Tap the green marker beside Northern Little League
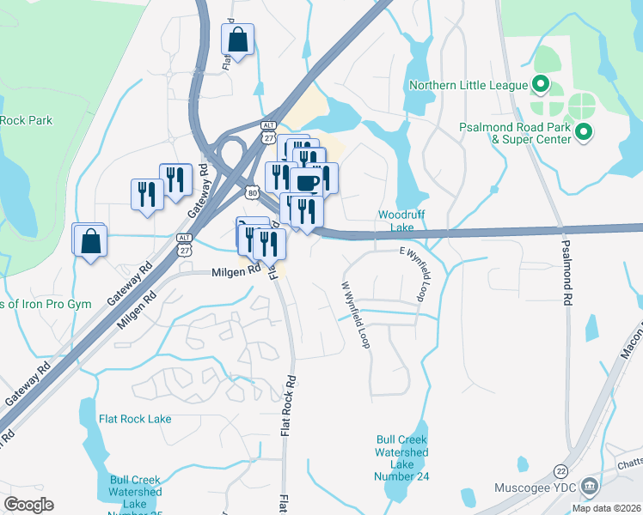541,84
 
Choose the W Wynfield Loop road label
355,314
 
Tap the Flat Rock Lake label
135,419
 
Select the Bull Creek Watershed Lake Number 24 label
401,458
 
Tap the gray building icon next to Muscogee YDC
590,488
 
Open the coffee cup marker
307,183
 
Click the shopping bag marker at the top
237,39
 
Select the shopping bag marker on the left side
90,243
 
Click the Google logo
28,505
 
